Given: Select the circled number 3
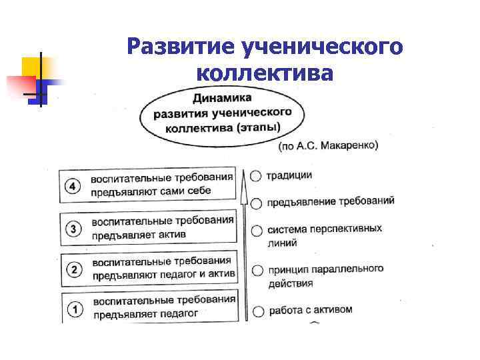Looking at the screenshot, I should point(73,229).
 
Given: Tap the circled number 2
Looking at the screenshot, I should point(74,269).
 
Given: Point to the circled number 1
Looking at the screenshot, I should point(75,309).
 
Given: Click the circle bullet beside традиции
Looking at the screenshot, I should point(256,175).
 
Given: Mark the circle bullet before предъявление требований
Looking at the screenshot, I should point(257,202).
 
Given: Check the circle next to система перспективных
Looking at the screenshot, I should point(257,231).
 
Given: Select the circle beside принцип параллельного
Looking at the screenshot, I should point(257,271).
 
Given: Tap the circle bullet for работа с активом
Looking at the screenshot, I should point(258,311).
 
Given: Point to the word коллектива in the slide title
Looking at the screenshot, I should point(264,72).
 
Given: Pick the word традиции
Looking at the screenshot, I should point(289,175).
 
